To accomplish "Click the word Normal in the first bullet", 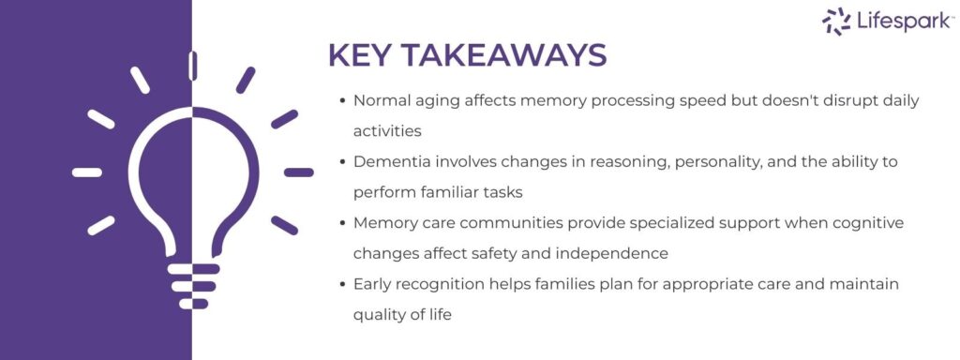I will click(379, 100).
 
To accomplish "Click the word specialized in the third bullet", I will click(656, 222).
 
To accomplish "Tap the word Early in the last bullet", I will click(373, 283).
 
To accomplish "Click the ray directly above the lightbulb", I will click(192, 65).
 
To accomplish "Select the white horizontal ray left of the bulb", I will click(87, 172).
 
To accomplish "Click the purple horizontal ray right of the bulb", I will click(298, 172).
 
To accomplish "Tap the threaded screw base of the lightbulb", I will click(192, 287).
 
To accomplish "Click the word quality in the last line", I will click(379, 314).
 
